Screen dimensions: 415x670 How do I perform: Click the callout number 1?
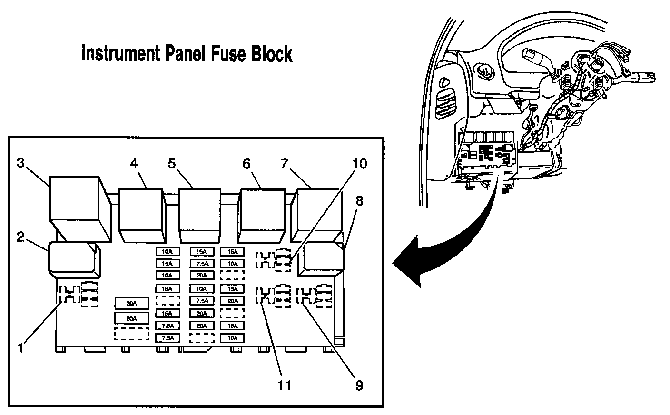[x=21, y=348]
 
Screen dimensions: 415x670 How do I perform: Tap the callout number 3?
[x=20, y=163]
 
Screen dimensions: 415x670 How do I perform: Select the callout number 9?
[x=359, y=385]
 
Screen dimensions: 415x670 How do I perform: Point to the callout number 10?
[x=360, y=164]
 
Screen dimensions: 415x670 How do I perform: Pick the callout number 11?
[x=285, y=385]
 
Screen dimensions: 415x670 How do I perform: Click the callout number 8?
[x=359, y=201]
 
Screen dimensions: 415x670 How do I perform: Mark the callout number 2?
[x=21, y=237]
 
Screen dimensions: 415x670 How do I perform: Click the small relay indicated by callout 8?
[x=322, y=259]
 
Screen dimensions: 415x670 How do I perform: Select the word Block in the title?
[x=270, y=54]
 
